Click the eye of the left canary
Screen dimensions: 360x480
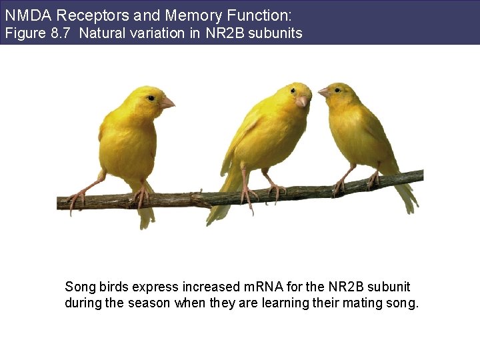point(151,98)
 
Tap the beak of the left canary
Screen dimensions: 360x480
point(167,102)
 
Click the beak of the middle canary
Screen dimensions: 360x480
point(302,101)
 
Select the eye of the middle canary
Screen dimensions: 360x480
point(292,91)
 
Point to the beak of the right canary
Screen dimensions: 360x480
point(323,93)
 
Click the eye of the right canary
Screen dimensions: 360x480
point(337,89)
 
